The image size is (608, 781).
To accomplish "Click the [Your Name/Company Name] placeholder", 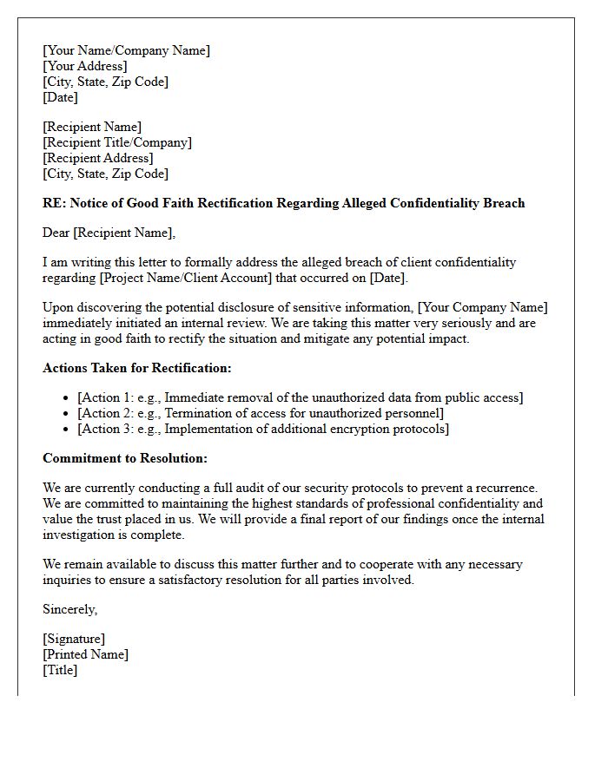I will [126, 50].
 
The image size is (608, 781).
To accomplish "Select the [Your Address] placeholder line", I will [84, 66].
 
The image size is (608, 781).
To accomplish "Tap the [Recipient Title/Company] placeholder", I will [117, 142].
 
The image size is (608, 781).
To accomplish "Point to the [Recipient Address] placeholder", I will [98, 158].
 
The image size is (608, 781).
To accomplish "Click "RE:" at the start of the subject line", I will [54, 203].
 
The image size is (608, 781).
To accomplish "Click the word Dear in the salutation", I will [56, 233].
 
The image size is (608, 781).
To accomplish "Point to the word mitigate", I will [326, 338].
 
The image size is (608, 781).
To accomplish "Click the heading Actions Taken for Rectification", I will [136, 368].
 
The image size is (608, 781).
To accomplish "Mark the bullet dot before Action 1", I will [67, 398].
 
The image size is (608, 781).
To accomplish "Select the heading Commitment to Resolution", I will [125, 458].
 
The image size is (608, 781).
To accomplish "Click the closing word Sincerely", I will [69, 609].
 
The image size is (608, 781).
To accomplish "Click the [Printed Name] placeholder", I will [85, 654].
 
